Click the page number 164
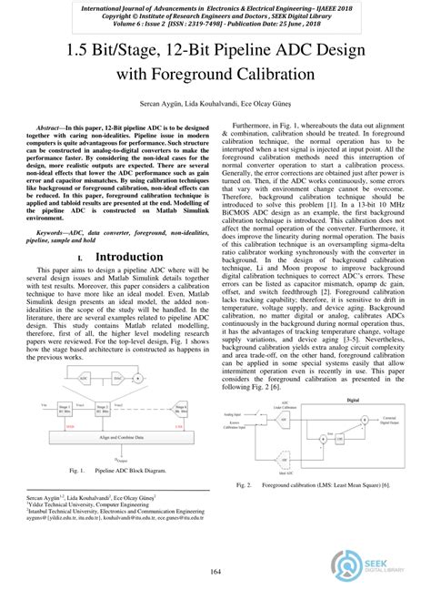click(x=215, y=571)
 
